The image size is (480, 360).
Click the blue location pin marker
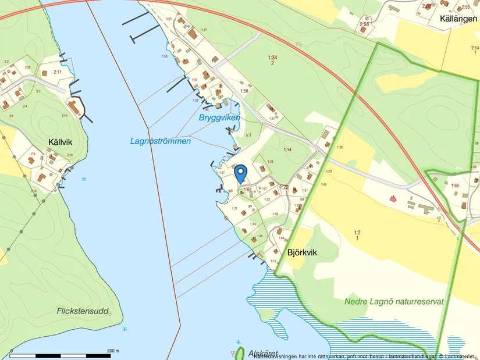[x=241, y=173]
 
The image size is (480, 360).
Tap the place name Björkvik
[x=304, y=252]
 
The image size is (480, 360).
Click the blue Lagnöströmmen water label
[x=161, y=141]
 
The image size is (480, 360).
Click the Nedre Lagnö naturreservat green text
[x=394, y=302]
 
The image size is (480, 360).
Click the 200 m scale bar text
[x=113, y=351]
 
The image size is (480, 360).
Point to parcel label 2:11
[x=57, y=72]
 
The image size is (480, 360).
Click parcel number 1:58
[x=244, y=91]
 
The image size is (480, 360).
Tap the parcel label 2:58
[x=364, y=24]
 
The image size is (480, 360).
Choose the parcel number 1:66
[x=456, y=186]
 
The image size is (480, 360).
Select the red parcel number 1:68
[x=247, y=190]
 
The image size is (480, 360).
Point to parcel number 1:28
[x=270, y=162]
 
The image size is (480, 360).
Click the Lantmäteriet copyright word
[x=461, y=356]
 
